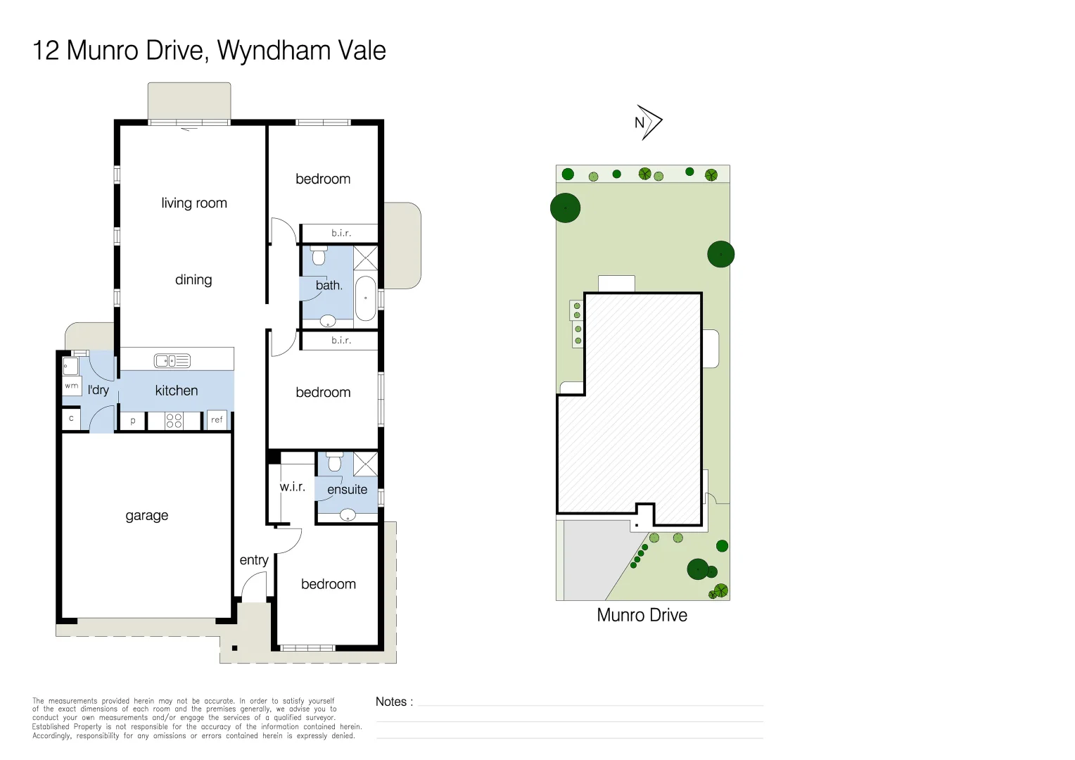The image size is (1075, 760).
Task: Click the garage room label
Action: coord(147,516)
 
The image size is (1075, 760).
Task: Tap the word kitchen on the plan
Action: coord(177,391)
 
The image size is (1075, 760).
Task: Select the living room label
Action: coord(194,203)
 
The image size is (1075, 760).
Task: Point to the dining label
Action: coord(193,280)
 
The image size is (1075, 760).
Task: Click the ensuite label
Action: coord(348,490)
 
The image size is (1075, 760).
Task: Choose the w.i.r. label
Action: coord(293,487)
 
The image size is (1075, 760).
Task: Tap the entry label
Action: coord(254,560)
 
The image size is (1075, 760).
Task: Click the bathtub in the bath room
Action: coord(366,298)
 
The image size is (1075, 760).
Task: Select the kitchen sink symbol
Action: coord(172,361)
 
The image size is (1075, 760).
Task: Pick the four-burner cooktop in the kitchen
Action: coord(174,421)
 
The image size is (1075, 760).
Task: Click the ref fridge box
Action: coord(217,420)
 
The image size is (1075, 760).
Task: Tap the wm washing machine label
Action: coord(72,386)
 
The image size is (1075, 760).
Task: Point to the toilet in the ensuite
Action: coord(335,462)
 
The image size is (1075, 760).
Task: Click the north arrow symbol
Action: coord(648,123)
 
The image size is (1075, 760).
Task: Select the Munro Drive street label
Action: coord(642,615)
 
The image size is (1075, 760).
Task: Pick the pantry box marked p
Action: coord(133,421)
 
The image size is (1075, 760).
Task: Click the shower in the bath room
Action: coord(366,258)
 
